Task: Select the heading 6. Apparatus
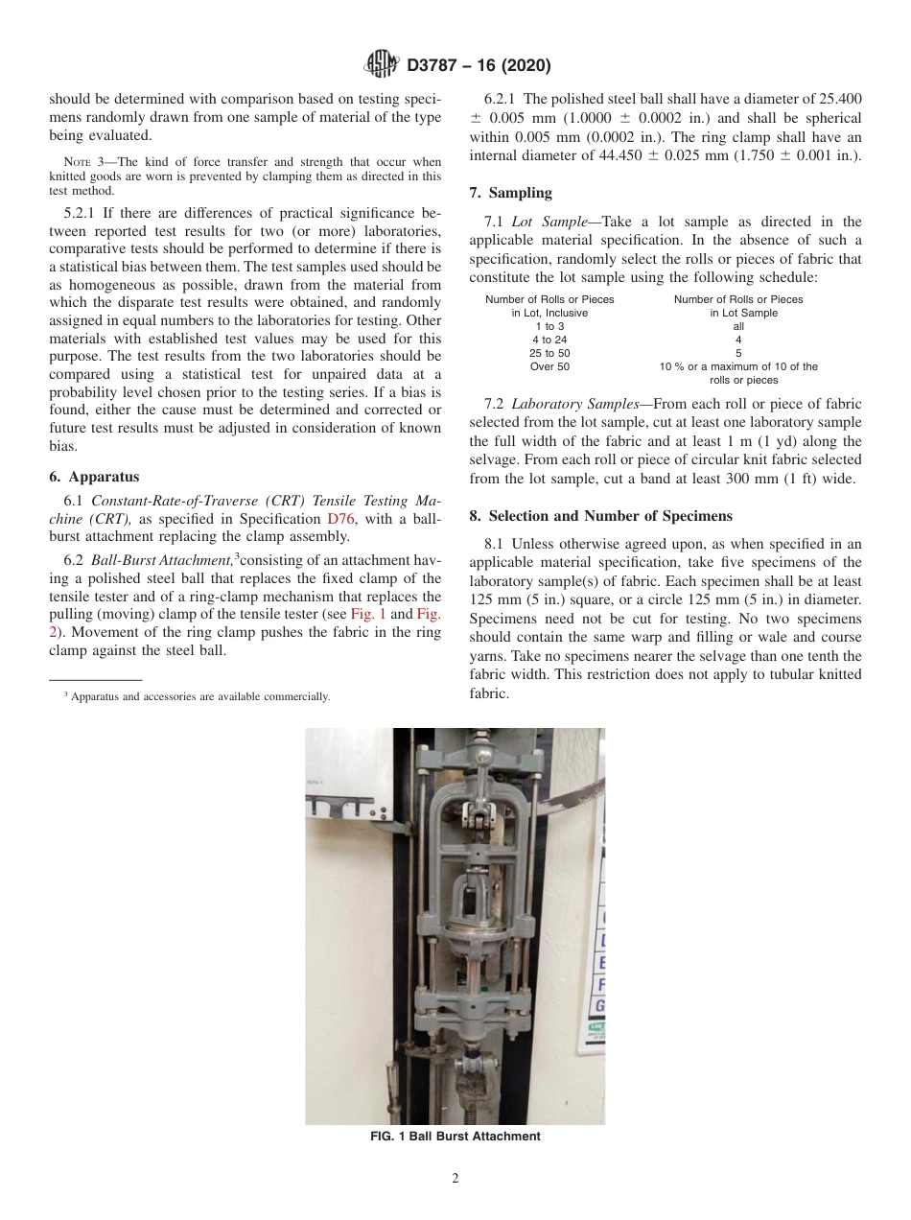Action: coord(93,476)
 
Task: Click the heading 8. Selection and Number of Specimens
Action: coord(599,516)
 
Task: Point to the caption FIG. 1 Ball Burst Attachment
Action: coord(455,1137)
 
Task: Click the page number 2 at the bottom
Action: coord(455,1179)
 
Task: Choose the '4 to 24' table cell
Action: coord(549,340)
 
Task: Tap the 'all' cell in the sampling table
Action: coord(737,326)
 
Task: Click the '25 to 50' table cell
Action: coord(549,353)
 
